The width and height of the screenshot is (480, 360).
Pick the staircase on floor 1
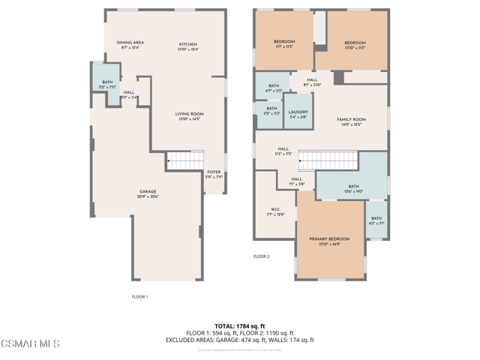[x=184, y=159]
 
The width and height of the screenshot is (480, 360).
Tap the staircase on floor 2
[x=328, y=160]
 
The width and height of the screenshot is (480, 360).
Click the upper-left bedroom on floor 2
[x=283, y=42]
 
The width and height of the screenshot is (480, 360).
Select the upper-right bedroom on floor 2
[x=355, y=43]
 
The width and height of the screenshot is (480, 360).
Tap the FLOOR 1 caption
[x=139, y=297]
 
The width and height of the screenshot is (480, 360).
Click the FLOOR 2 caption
[x=261, y=256]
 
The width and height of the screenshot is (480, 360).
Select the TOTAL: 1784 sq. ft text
[x=239, y=326]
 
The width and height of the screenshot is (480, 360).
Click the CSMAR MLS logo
[x=30, y=343]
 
